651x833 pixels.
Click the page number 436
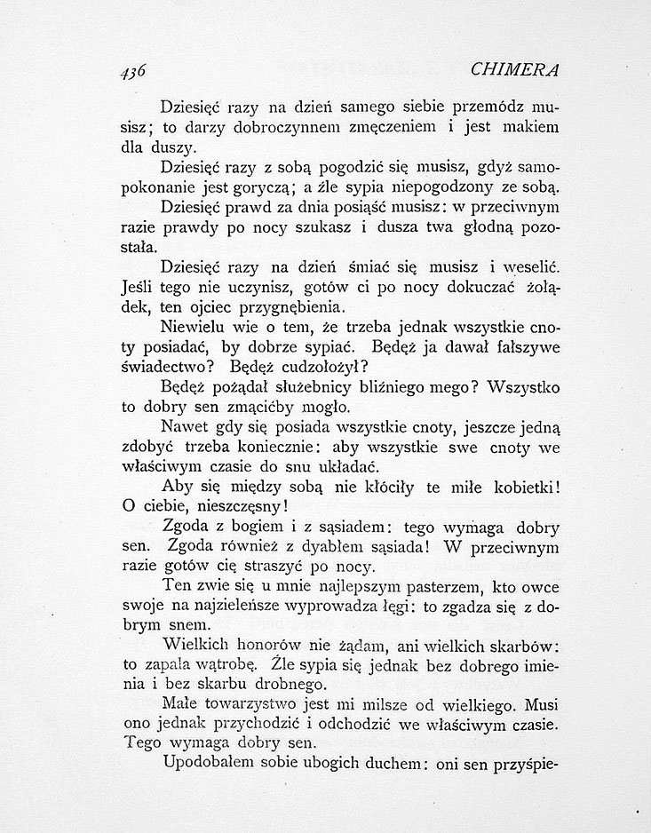[x=131, y=71]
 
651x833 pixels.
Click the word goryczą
[x=274, y=187]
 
